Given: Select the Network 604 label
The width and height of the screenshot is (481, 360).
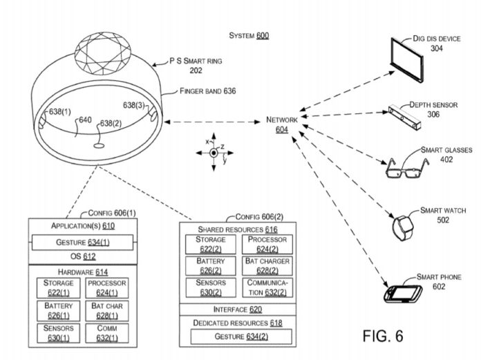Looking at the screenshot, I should (282, 124).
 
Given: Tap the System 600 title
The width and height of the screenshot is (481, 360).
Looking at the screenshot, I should (249, 35).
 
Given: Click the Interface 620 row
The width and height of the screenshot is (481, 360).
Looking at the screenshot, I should (238, 309).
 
